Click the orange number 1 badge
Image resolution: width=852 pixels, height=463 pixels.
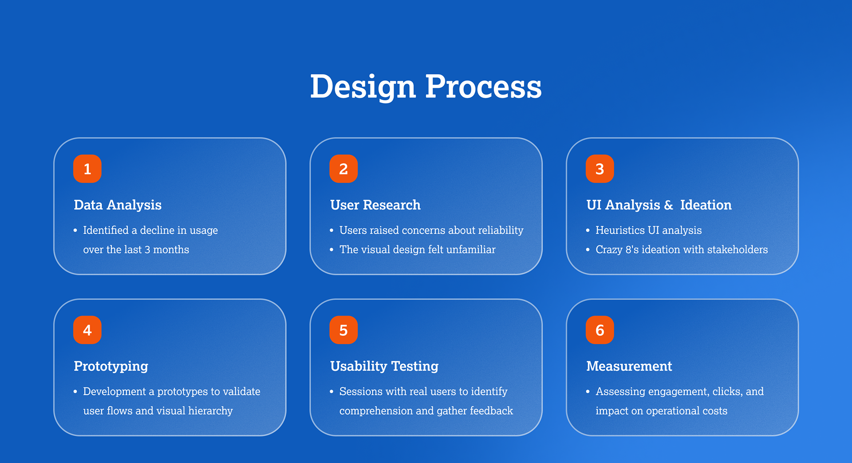87,169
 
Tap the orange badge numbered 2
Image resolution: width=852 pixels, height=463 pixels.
343,169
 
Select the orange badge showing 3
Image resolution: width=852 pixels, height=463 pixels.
600,169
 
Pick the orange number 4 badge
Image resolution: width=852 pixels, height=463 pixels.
87,330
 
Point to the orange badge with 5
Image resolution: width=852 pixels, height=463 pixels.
343,330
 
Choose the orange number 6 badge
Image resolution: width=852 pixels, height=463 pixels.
600,330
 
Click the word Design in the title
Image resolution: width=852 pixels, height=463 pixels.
363,87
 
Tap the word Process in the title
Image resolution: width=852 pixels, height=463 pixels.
483,87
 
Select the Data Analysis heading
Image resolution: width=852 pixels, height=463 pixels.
118,205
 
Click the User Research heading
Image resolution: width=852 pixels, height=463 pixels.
375,205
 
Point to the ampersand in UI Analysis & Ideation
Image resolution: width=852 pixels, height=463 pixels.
668,205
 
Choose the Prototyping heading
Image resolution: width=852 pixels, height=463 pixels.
111,366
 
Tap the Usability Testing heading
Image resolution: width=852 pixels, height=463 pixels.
384,366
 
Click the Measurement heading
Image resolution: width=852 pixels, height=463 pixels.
629,366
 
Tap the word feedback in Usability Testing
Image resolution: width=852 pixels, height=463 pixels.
491,411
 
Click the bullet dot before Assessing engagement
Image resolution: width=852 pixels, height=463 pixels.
588,392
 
